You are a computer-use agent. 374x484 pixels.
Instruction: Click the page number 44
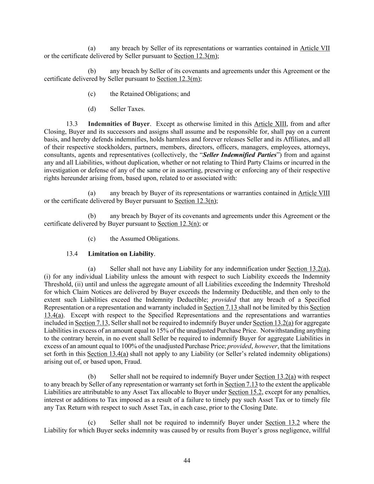(x=187, y=461)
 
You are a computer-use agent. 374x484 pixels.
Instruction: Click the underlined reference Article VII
(x=315, y=48)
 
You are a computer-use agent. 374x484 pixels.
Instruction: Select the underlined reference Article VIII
(x=314, y=193)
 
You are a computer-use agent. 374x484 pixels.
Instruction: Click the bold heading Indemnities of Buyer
(x=119, y=124)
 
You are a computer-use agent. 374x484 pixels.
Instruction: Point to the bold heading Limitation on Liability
(x=121, y=254)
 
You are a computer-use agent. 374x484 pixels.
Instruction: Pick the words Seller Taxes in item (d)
(x=127, y=109)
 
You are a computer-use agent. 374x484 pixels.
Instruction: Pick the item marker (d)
(x=92, y=109)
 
